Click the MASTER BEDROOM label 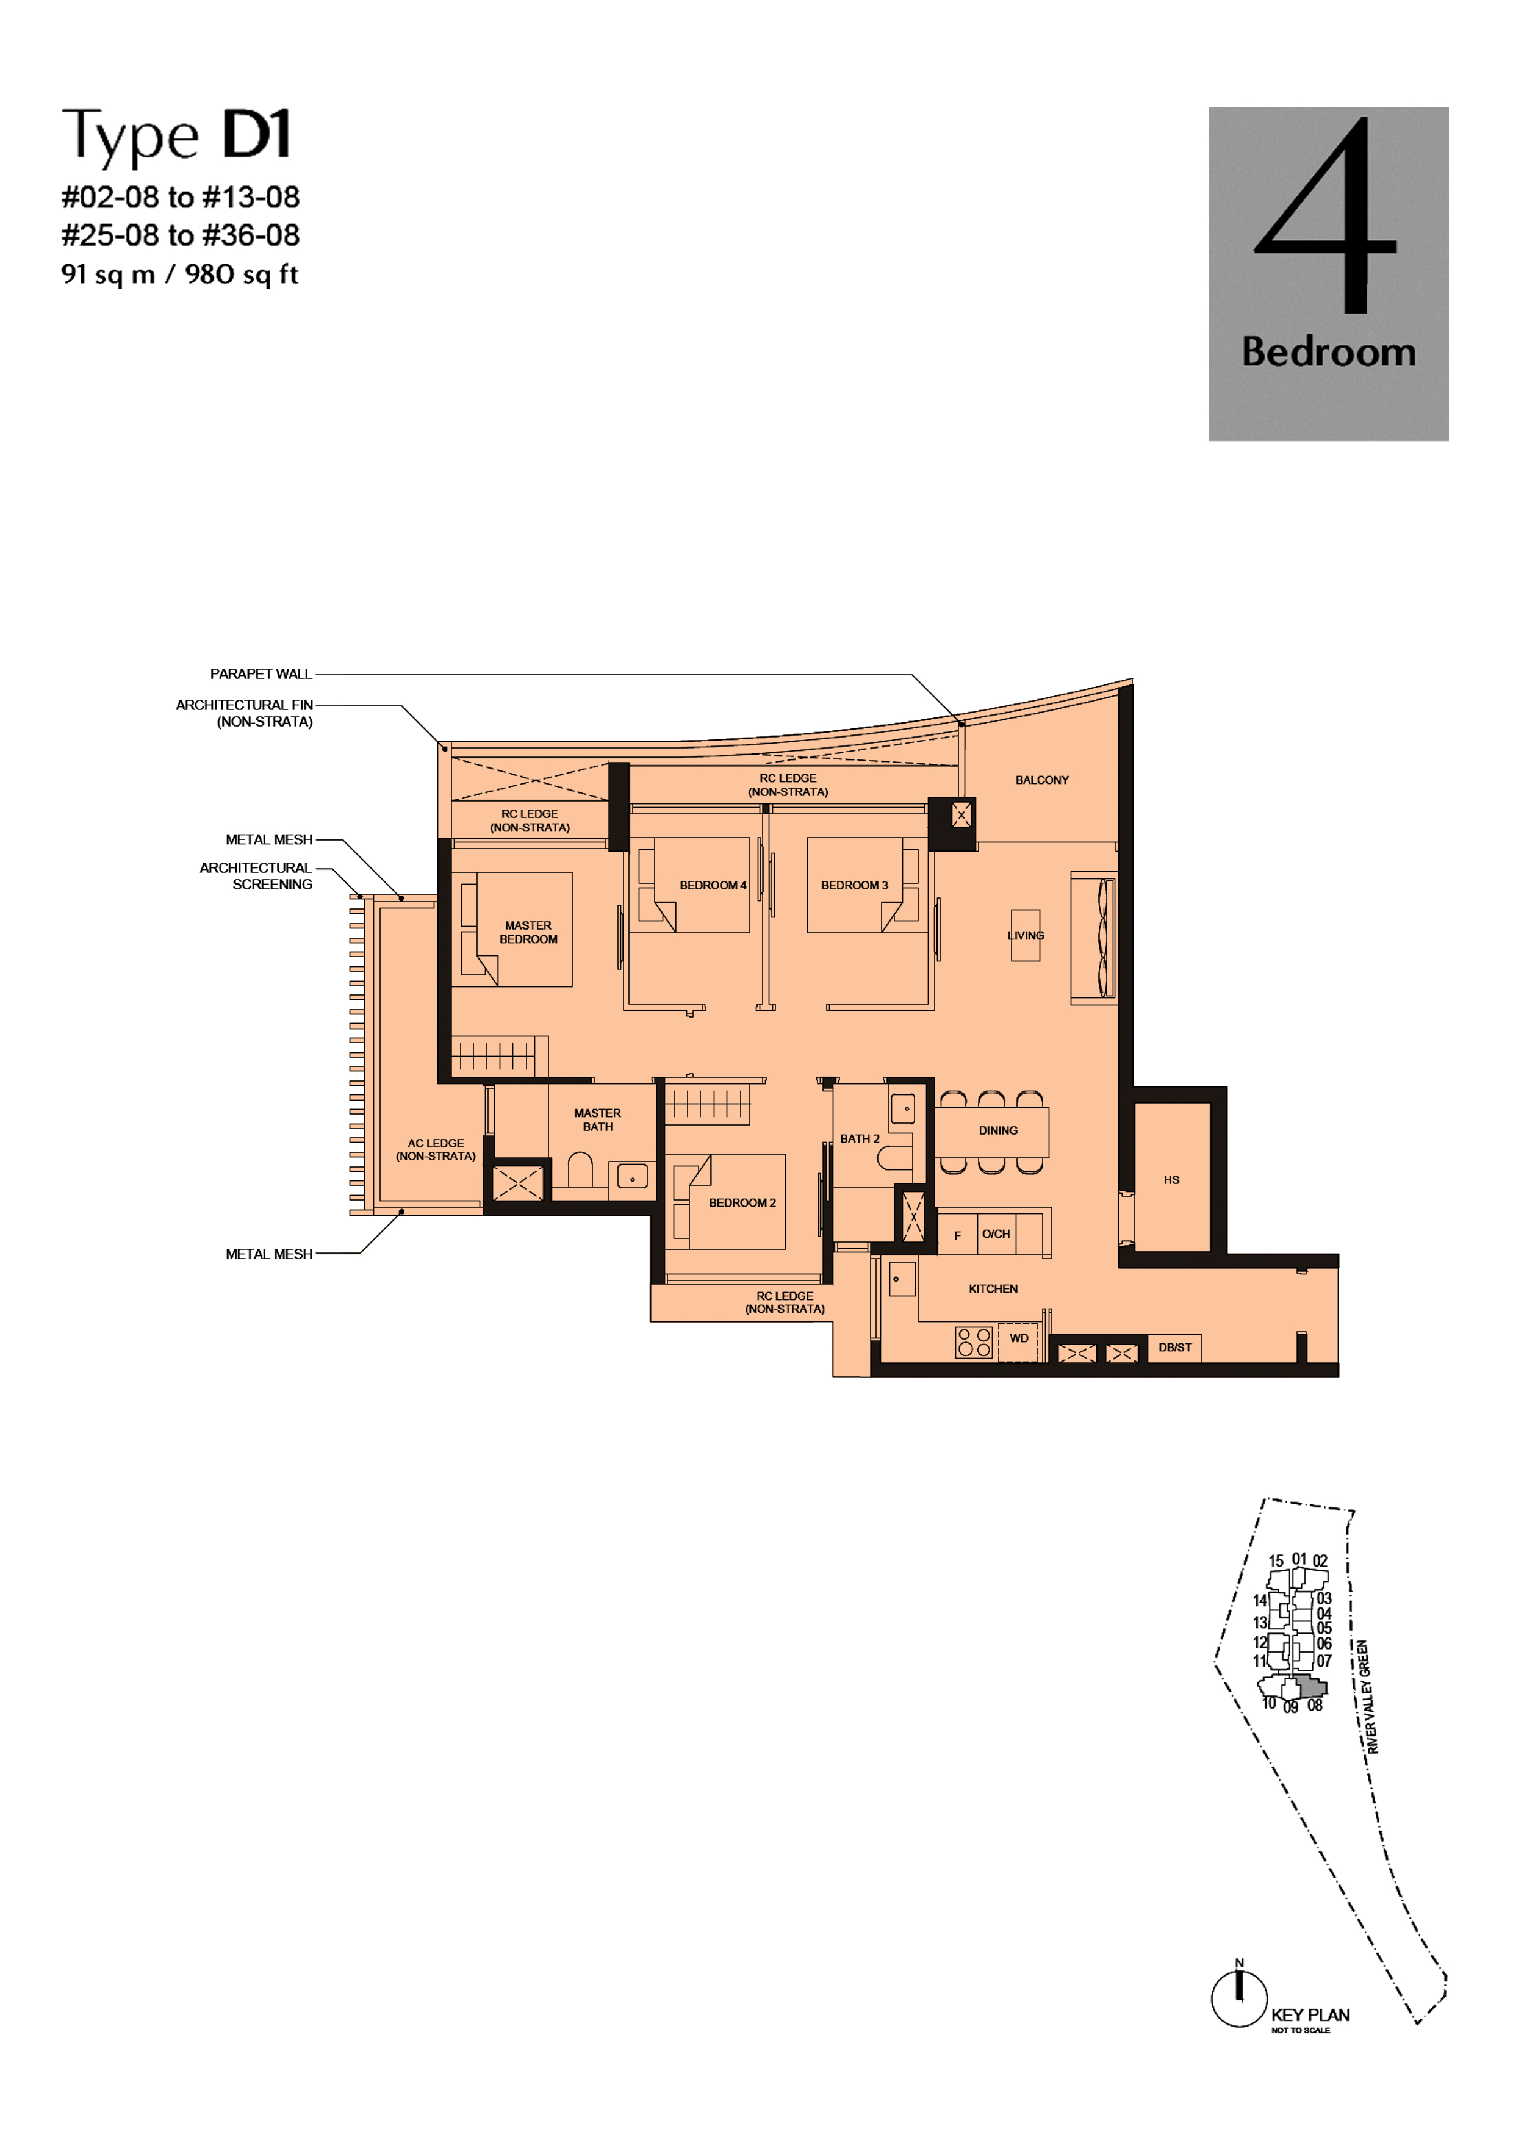pos(528,932)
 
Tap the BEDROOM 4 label pos(712,885)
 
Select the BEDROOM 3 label pos(854,885)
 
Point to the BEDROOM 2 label pos(742,1202)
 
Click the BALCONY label pos(1041,780)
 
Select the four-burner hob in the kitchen pos(974,1342)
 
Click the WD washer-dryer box pos(1018,1342)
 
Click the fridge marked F pos(957,1234)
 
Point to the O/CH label pos(996,1234)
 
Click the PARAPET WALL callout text pos(261,674)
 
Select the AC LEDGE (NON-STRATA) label pos(436,1149)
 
